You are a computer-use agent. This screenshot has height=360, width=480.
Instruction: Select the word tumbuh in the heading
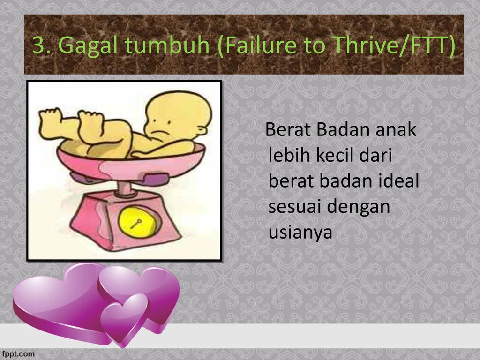click(167, 45)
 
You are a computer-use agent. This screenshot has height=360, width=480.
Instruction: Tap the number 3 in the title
click(38, 45)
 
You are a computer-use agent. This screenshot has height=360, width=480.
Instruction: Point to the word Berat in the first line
click(288, 129)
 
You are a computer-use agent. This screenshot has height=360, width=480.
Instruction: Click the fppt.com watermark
click(17, 354)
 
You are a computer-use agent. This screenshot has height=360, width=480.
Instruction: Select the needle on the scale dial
click(136, 224)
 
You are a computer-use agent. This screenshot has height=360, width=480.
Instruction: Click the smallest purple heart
click(124, 318)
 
